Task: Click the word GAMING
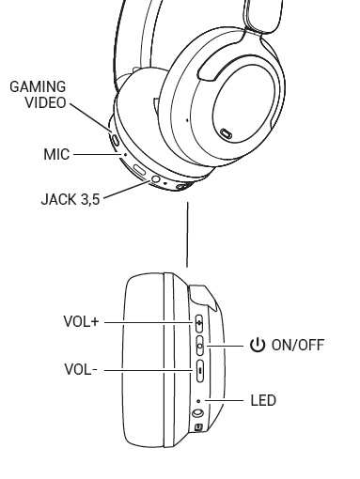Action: coord(38,86)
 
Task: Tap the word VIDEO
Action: coord(45,102)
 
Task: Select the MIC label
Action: coord(56,154)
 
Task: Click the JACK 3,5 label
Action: coord(70,199)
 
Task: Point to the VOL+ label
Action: coord(81,321)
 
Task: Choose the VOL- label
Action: coord(81,369)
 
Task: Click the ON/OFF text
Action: coord(298,345)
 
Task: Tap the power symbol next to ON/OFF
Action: coord(258,345)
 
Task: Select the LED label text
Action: coord(263,400)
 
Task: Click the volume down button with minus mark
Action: coord(199,371)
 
